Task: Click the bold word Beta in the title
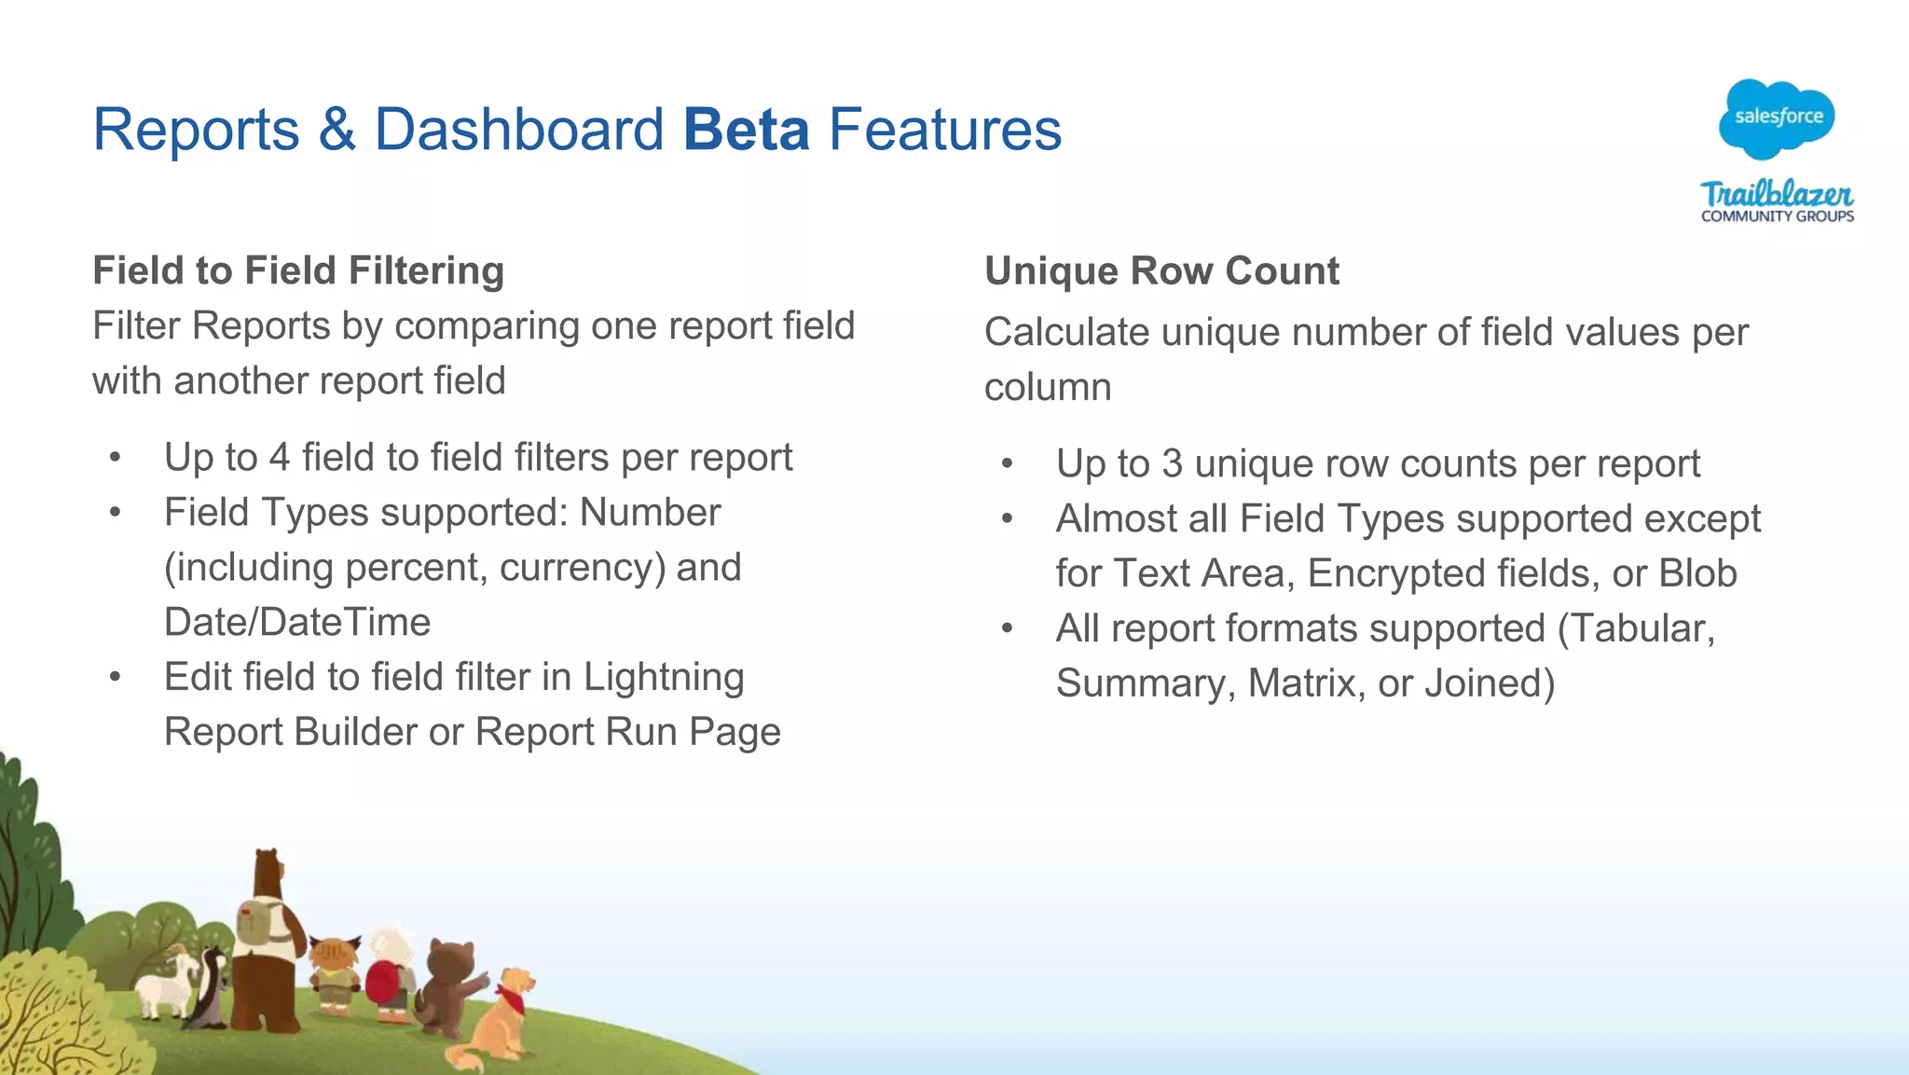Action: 746,129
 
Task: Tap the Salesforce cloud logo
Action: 1777,117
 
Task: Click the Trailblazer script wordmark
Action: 1777,193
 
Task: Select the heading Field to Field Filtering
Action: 298,270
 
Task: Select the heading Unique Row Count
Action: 1161,270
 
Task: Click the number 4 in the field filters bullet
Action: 279,458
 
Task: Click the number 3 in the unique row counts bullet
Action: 1172,464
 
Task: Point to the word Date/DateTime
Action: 297,623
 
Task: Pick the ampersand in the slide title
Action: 336,129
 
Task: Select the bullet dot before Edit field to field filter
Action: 115,677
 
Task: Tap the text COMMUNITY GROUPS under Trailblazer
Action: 1777,216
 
